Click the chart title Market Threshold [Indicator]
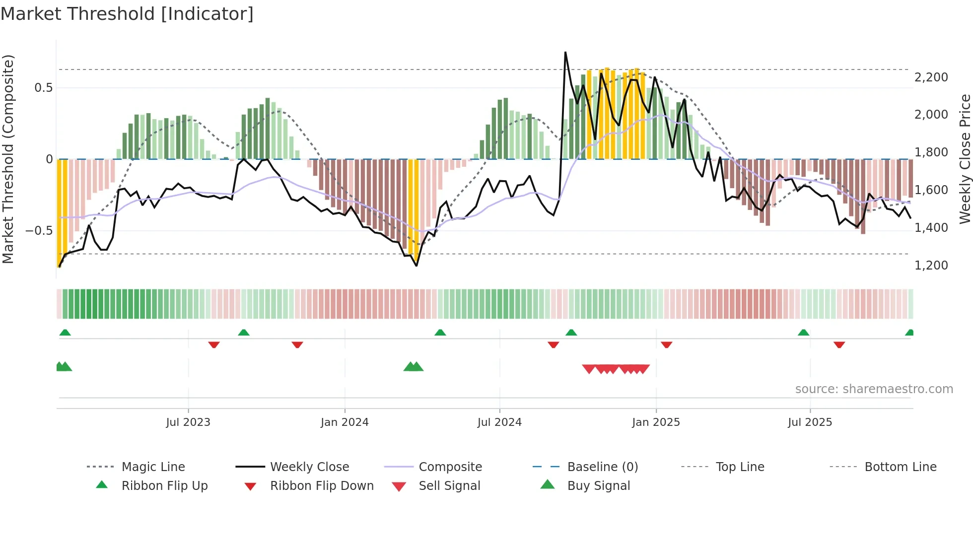tap(127, 14)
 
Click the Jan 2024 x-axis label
tap(345, 422)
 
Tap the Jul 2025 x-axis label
tap(810, 422)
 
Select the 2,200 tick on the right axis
tap(931, 77)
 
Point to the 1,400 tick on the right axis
tap(931, 227)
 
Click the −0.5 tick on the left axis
tap(39, 230)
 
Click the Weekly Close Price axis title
tap(965, 159)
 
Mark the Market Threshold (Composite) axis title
tap(8, 159)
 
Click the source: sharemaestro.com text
tap(874, 389)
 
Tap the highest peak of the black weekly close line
tap(565, 52)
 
